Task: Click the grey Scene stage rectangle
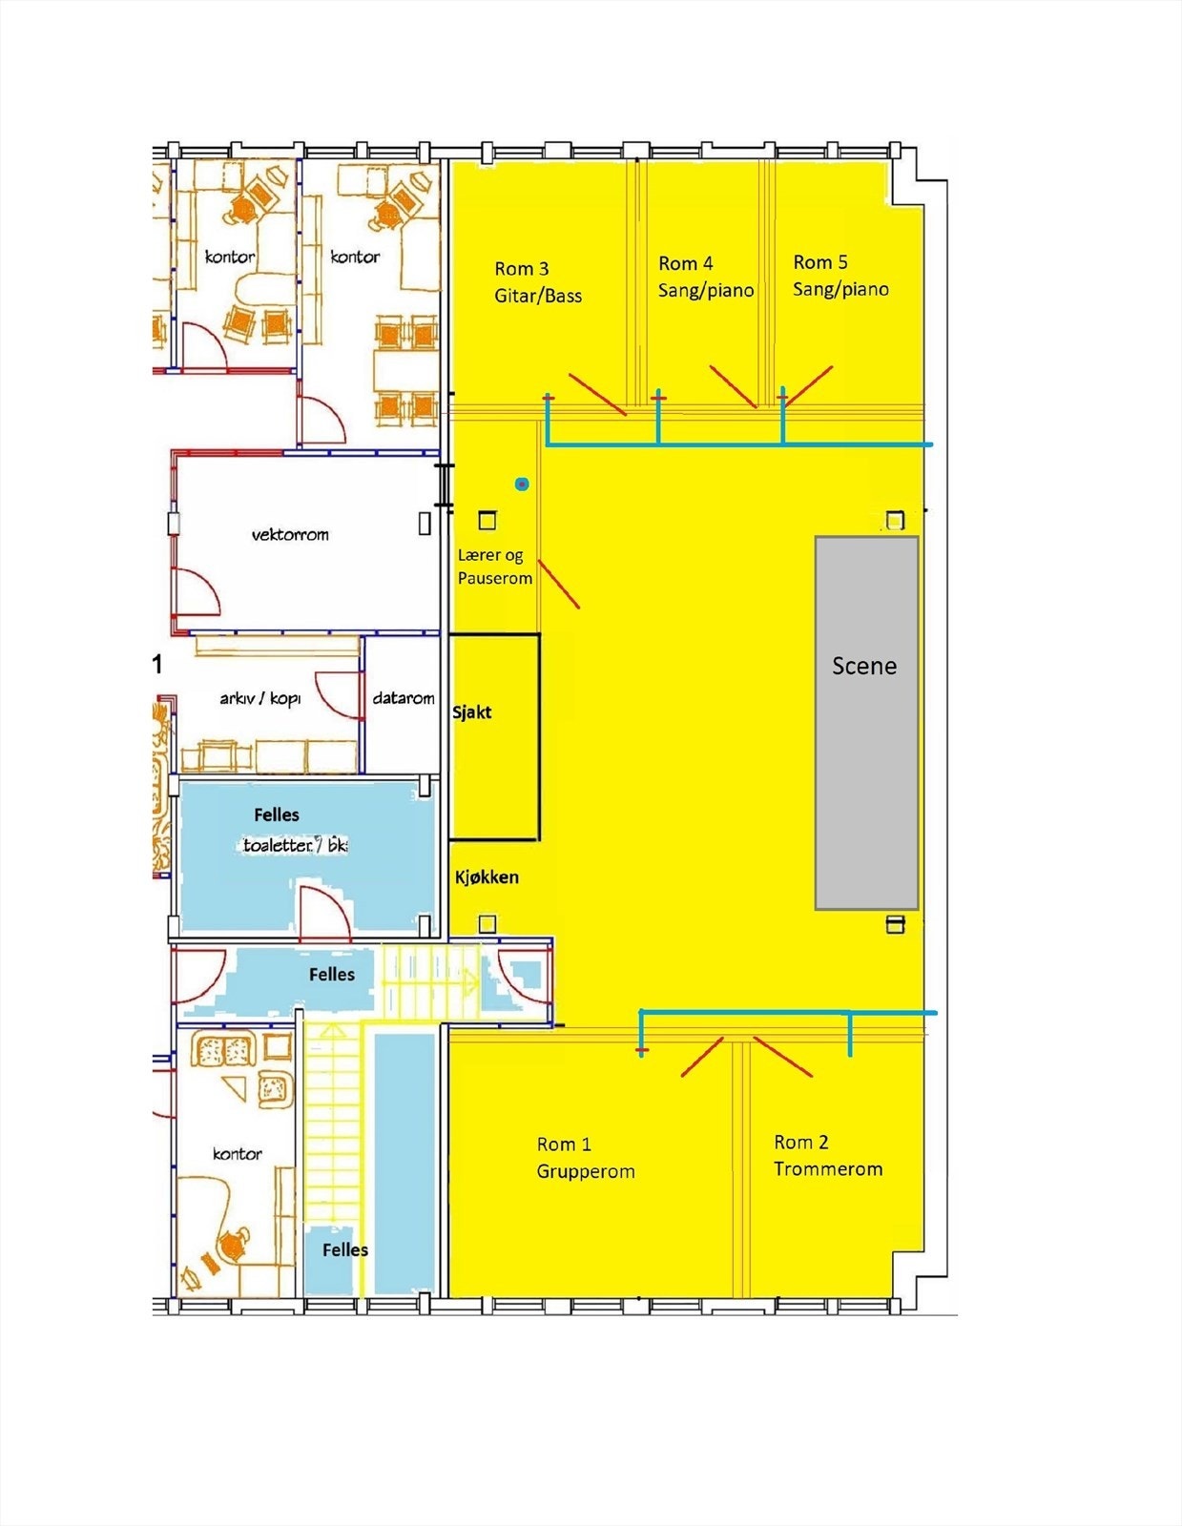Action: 866,723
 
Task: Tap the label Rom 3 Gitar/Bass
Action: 538,282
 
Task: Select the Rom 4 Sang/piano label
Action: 706,277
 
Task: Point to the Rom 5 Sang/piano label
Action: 840,276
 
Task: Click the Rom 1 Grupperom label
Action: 586,1157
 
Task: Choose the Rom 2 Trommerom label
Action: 828,1155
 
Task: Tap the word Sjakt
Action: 472,712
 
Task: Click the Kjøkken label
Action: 487,877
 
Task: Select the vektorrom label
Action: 290,534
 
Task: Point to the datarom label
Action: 404,698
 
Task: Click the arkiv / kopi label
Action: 259,699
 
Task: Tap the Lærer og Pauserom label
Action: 494,567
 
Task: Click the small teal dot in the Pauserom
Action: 521,484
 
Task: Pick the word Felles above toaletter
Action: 277,815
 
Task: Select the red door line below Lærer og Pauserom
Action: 559,584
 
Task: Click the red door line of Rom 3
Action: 597,394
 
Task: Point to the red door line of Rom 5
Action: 809,386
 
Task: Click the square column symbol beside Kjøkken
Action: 487,923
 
